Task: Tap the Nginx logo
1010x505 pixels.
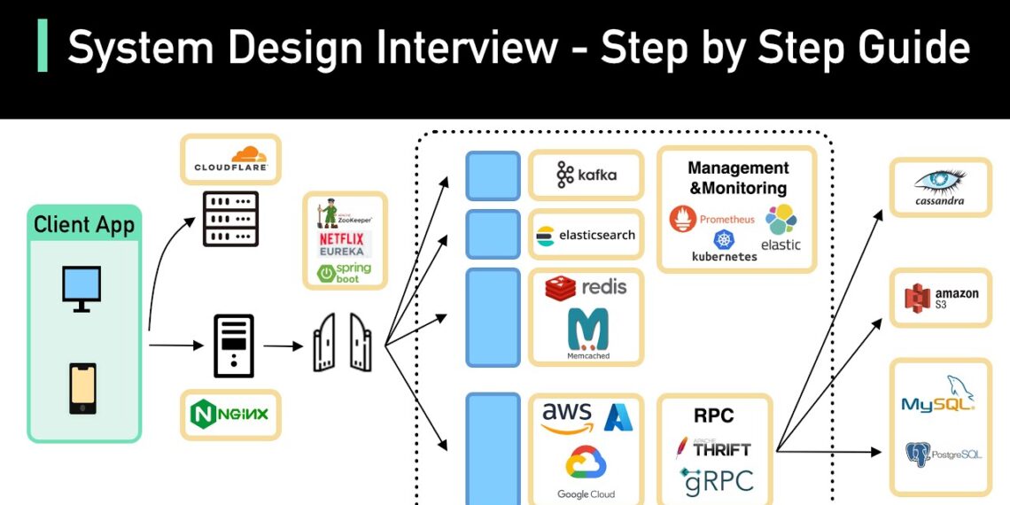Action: click(230, 414)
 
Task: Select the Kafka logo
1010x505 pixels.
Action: click(586, 175)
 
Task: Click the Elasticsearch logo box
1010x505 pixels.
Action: click(586, 235)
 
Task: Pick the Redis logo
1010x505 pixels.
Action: click(586, 287)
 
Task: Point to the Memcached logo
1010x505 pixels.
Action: click(588, 333)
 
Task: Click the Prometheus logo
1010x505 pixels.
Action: click(712, 218)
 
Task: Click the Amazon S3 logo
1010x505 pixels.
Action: click(940, 299)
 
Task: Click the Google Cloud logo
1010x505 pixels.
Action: click(586, 470)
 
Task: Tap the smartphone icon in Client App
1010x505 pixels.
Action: click(82, 388)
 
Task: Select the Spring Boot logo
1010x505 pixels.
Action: click(345, 272)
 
